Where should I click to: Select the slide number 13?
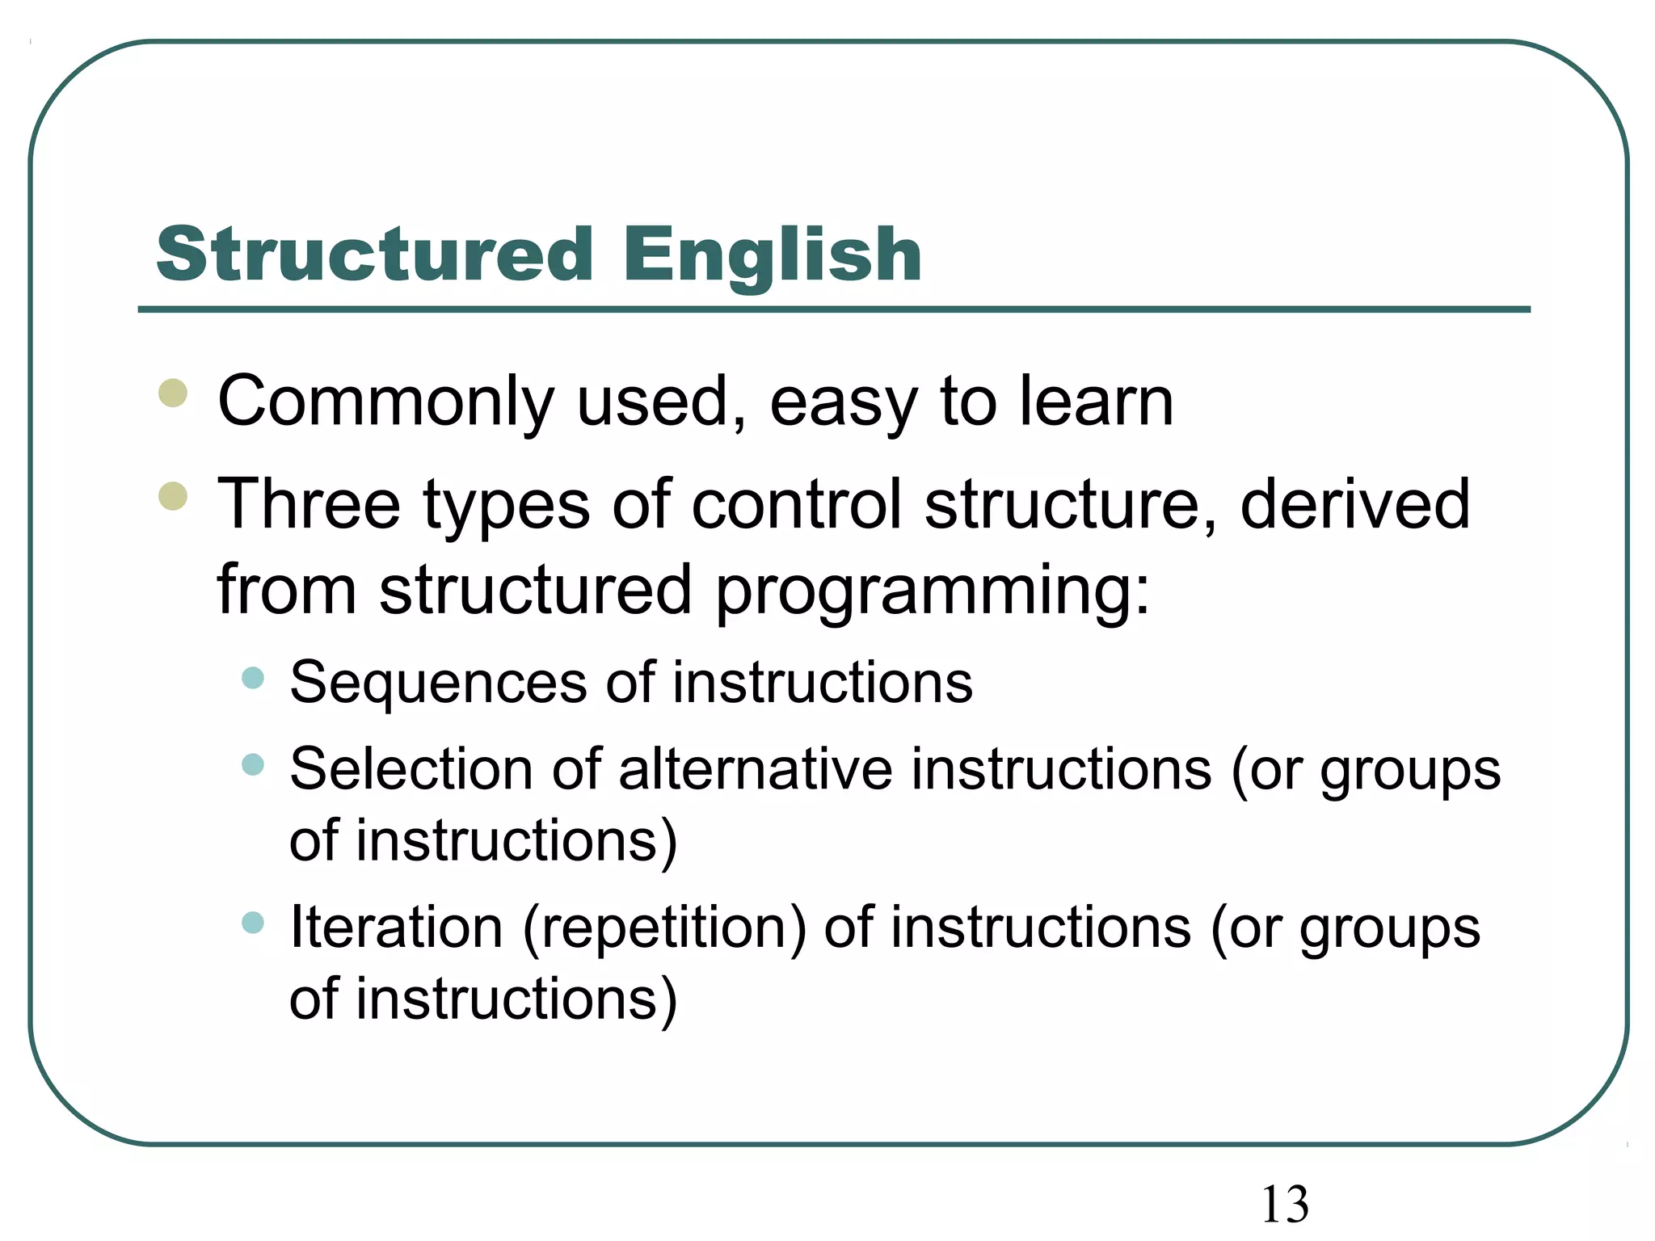(x=1284, y=1204)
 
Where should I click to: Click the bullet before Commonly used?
(x=173, y=393)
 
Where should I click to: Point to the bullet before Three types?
(x=173, y=496)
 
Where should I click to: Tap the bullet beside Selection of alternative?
(x=253, y=764)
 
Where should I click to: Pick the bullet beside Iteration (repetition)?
(x=253, y=922)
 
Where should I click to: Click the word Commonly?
(x=386, y=402)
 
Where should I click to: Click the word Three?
(x=309, y=504)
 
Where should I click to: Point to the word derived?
(x=1354, y=504)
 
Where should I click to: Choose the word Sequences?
(x=438, y=684)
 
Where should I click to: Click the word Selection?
(x=412, y=768)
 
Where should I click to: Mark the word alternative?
(x=755, y=768)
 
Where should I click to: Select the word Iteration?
(x=396, y=927)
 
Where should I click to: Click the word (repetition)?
(x=664, y=928)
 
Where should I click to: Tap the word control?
(x=796, y=504)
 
